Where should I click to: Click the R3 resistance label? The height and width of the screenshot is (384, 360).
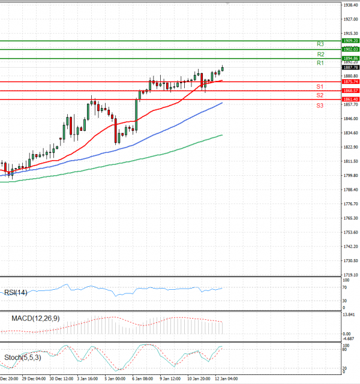(320, 44)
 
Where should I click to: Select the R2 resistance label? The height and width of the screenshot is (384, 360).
(320, 54)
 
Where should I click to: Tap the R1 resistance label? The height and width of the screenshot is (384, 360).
(320, 63)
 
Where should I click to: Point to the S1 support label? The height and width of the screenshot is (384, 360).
(320, 87)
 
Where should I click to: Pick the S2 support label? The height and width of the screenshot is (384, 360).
(320, 95)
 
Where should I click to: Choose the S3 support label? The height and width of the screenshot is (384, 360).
(320, 106)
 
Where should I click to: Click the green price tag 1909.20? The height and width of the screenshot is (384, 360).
(350, 41)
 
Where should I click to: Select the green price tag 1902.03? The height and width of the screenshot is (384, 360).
(350, 49)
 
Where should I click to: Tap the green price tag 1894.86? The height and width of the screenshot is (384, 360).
(350, 58)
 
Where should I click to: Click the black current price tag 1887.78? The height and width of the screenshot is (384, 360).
(350, 67)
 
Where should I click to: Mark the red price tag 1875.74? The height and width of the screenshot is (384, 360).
(350, 81)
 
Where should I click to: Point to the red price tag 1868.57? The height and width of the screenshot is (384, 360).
(350, 91)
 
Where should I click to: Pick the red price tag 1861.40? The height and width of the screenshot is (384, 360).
(350, 99)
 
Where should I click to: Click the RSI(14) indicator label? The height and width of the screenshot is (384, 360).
(16, 292)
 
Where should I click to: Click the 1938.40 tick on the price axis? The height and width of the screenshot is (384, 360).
(350, 5)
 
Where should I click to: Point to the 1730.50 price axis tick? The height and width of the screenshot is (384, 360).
(350, 260)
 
